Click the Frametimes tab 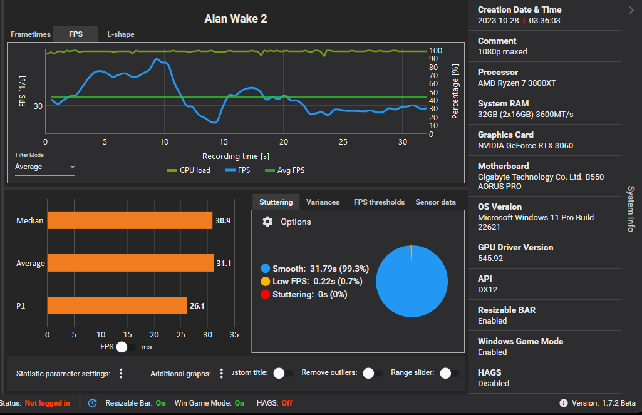pos(31,34)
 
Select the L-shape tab pos(121,34)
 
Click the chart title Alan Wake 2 pos(236,19)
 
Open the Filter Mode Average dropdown pos(45,167)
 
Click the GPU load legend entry pos(189,170)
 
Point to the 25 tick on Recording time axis pos(343,142)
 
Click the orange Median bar pos(130,220)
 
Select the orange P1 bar pos(116,305)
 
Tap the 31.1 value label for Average pos(224,264)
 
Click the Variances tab pos(323,202)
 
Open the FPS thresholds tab pos(379,202)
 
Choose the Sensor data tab pos(435,202)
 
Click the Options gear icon pos(267,222)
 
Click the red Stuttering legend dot pos(265,294)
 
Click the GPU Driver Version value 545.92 pos(490,258)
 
